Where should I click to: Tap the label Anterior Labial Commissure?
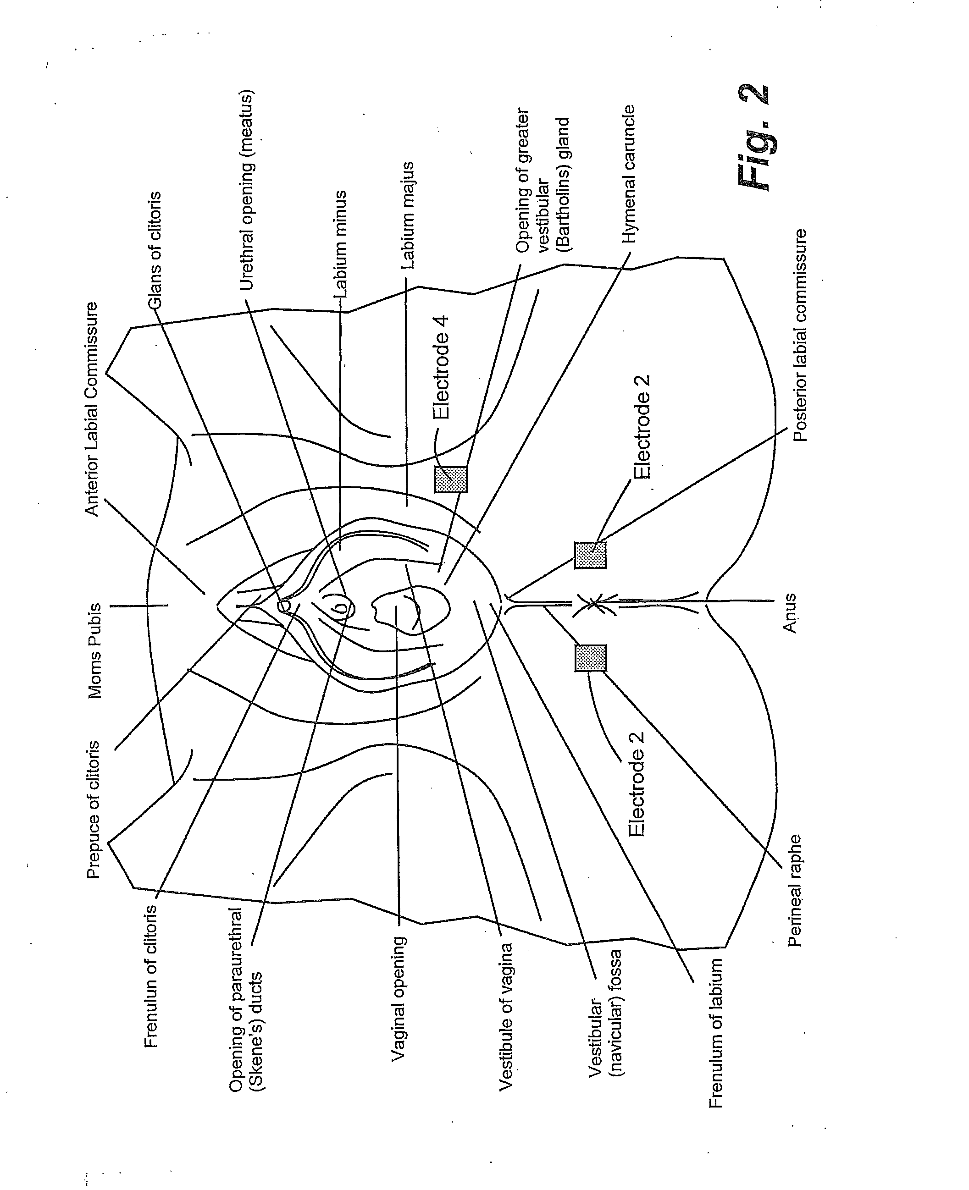tap(91, 408)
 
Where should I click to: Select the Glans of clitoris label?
tap(155, 250)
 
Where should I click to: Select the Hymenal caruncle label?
tap(629, 174)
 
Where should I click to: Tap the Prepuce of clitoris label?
tap(93, 810)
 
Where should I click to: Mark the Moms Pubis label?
tap(95, 650)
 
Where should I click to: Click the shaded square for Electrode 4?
tap(450, 479)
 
